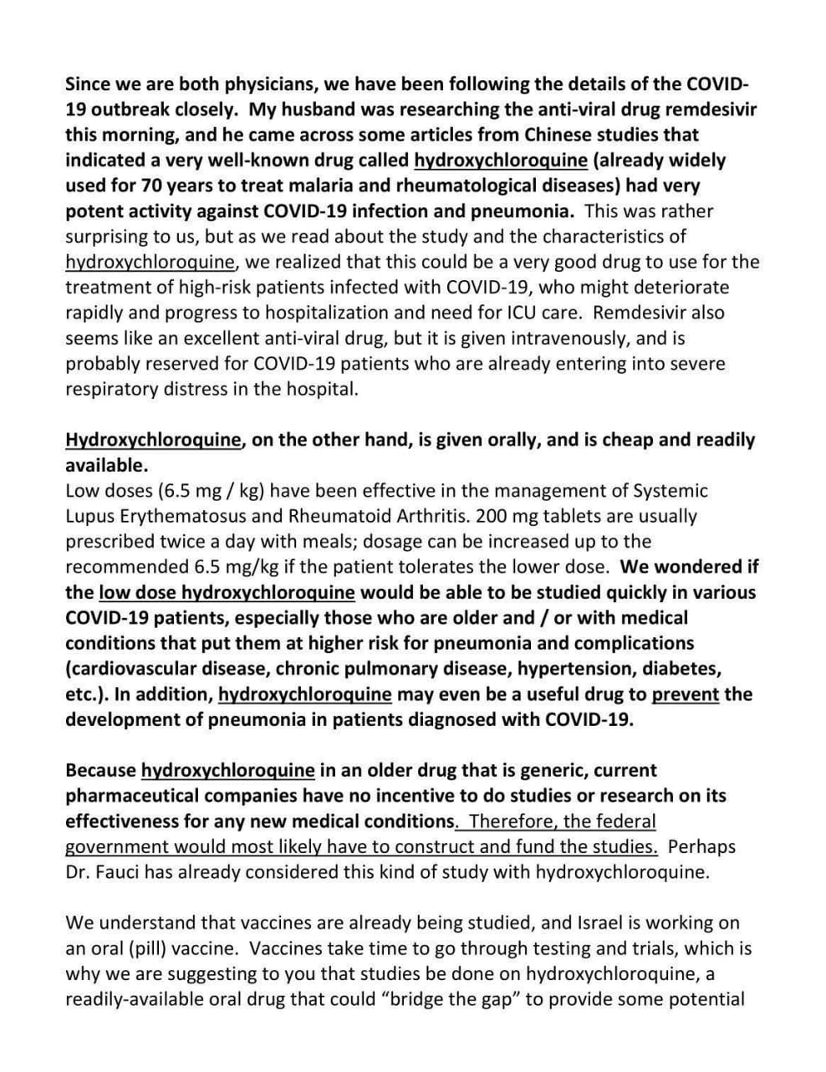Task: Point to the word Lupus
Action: [x=90, y=516]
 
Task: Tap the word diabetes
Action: [x=685, y=669]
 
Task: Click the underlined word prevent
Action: [x=685, y=694]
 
